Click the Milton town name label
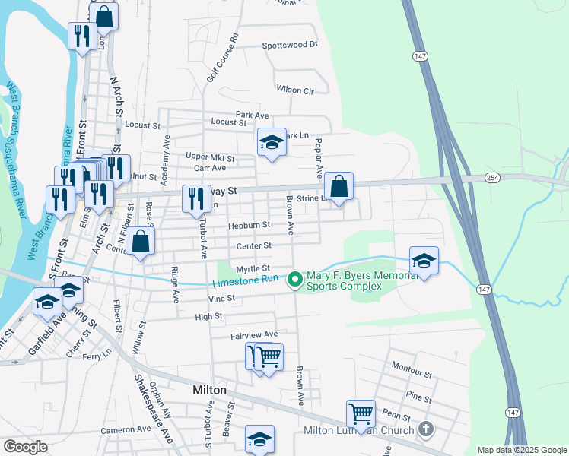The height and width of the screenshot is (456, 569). (x=209, y=389)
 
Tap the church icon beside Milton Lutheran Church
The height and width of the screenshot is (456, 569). (x=426, y=430)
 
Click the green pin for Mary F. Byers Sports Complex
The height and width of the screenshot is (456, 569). (x=295, y=281)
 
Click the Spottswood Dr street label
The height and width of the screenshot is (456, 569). (x=289, y=45)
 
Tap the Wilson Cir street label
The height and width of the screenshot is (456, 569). (x=295, y=90)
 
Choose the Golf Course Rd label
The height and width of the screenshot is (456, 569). (x=223, y=58)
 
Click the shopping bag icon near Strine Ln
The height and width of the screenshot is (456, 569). (x=339, y=186)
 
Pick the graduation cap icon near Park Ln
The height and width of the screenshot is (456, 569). (x=271, y=141)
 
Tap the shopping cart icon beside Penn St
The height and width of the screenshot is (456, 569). (x=361, y=414)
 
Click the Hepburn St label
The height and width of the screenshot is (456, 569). (x=250, y=225)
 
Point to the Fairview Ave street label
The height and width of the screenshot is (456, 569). (x=254, y=334)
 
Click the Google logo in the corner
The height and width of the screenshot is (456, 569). (x=25, y=447)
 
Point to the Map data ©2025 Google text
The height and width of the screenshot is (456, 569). (x=521, y=450)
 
